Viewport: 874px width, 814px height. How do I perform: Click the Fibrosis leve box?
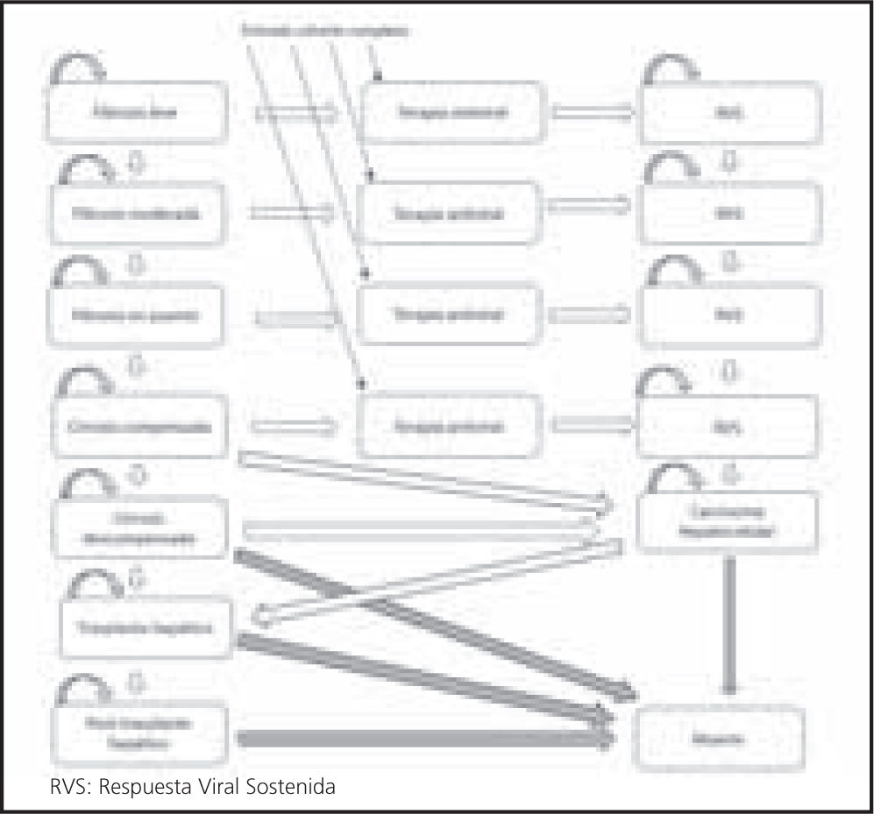pyautogui.click(x=132, y=113)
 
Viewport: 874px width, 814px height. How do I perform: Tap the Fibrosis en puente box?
pyautogui.click(x=132, y=314)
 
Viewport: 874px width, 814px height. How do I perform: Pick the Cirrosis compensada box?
pyautogui.click(x=132, y=427)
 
